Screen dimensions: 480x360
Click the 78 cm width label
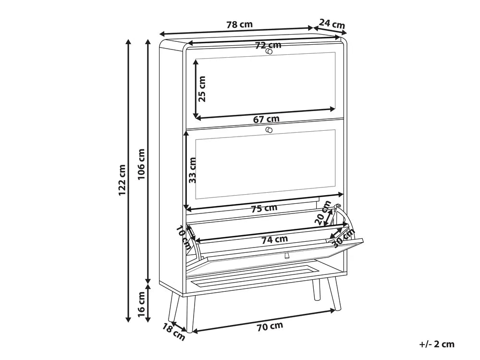pos(240,25)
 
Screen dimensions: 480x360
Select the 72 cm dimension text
pos(268,45)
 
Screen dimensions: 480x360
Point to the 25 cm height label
pos(201,89)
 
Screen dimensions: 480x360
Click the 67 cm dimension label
pos(266,119)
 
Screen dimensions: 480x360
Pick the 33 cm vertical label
pos(192,170)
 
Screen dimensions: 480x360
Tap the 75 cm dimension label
pos(264,209)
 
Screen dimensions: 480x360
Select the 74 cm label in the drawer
pos(274,239)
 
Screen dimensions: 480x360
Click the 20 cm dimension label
pos(323,213)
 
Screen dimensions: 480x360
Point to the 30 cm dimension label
pos(343,238)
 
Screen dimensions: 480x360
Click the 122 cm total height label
pos(122,180)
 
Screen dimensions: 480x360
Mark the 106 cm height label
pos(141,164)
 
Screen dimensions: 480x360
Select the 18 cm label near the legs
pos(173,332)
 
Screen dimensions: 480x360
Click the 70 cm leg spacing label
pos(270,327)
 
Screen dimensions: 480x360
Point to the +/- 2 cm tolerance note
pos(437,344)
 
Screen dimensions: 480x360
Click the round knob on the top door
pos(269,51)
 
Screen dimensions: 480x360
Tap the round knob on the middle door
pos(269,130)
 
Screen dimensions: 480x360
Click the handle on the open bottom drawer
pos(287,255)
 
